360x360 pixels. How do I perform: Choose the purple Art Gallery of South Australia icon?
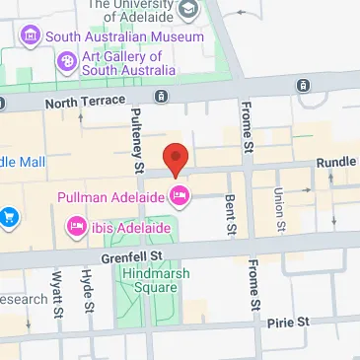67,62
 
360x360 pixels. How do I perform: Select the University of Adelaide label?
137,10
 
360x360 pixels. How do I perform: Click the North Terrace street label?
86,101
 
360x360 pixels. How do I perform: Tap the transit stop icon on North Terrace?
162,97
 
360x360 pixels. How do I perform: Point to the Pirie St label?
288,322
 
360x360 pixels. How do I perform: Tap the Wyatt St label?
56,294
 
